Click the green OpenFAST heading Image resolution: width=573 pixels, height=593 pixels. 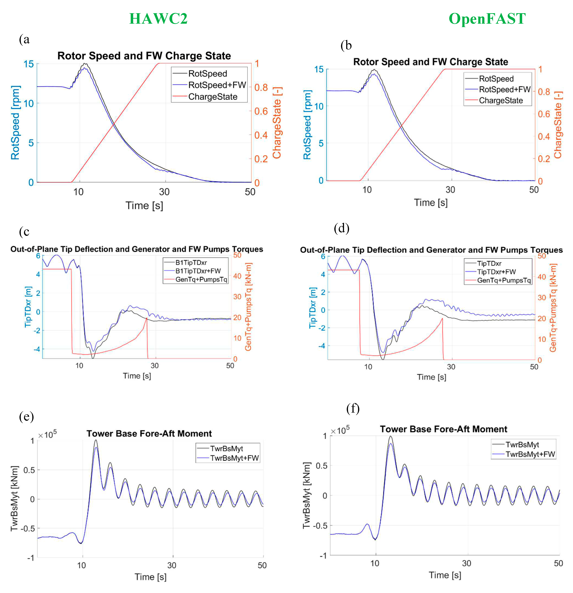click(x=487, y=19)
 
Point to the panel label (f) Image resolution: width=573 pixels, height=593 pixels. click(x=353, y=409)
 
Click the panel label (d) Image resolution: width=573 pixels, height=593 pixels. click(x=342, y=228)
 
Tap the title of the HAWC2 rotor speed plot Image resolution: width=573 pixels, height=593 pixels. click(x=144, y=56)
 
